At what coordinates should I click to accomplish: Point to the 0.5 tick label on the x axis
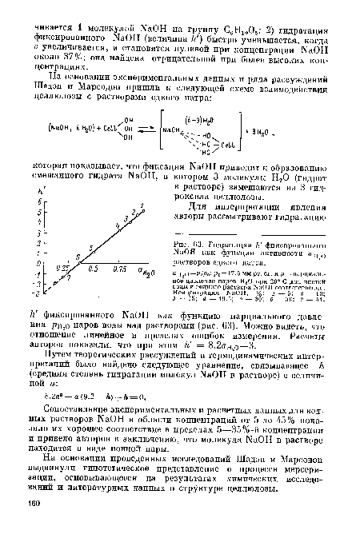click(x=94, y=269)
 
